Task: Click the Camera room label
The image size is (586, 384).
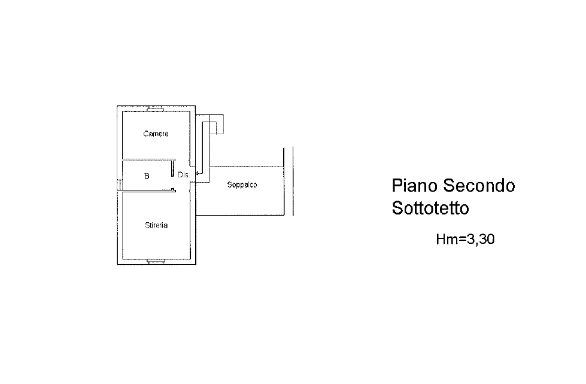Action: (x=156, y=134)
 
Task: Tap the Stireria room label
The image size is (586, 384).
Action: (x=156, y=225)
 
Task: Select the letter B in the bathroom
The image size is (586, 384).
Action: (x=147, y=176)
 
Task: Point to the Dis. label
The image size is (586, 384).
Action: (x=184, y=174)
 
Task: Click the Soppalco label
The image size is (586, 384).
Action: (x=242, y=185)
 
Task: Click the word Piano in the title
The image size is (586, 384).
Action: (x=415, y=186)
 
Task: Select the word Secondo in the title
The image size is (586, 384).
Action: (x=479, y=186)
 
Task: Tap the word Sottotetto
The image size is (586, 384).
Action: (x=430, y=208)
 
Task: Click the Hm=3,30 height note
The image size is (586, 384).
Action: (x=465, y=239)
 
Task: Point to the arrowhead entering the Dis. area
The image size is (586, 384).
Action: (x=197, y=174)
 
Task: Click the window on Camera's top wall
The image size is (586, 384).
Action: (x=155, y=108)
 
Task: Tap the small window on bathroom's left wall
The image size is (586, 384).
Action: (x=120, y=185)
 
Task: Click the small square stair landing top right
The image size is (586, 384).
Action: (x=216, y=124)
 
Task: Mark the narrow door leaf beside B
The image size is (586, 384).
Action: (x=172, y=168)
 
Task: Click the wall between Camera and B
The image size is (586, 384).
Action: (x=148, y=160)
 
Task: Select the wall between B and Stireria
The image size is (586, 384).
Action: (x=147, y=191)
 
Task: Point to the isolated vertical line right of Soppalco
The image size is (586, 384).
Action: (x=293, y=182)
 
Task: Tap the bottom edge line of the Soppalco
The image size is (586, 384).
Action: (x=240, y=216)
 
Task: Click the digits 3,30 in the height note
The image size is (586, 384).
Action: (x=482, y=239)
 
